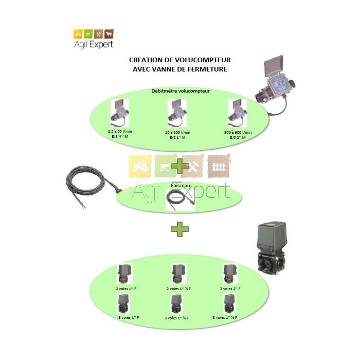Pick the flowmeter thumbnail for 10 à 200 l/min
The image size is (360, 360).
[177, 112]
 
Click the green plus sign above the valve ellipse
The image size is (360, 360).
[179, 229]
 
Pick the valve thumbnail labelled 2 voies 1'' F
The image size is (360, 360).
[124, 274]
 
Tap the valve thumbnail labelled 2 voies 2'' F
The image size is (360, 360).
[229, 274]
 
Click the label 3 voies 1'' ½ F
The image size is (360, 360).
[229, 318]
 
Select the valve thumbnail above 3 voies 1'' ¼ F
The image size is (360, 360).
[177, 303]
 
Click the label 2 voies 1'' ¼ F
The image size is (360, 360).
[177, 289]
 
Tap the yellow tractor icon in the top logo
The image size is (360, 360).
[78, 33]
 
